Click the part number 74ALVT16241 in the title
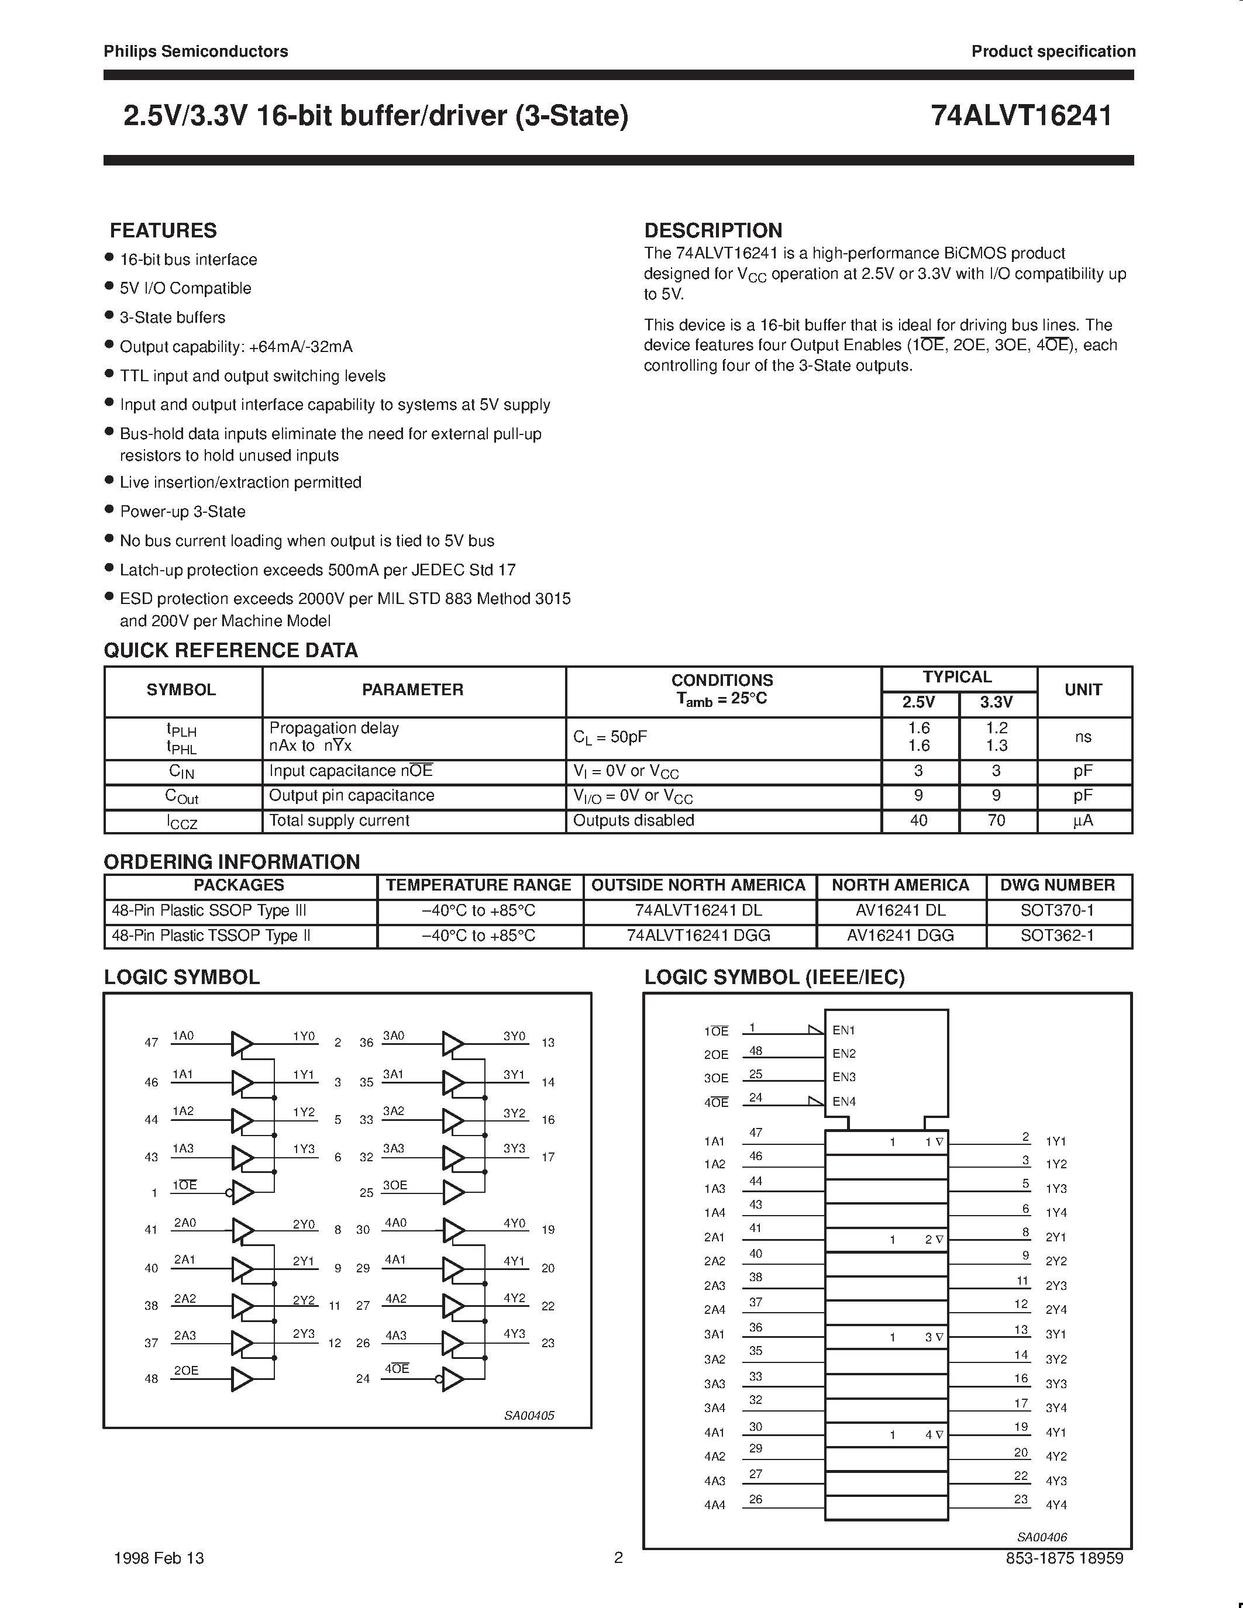1021,116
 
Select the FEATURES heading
163,230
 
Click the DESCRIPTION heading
713,230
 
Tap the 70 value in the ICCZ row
996,820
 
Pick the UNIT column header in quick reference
1083,690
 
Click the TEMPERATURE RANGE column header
478,885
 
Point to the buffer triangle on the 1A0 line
242,1043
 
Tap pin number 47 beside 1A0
151,1043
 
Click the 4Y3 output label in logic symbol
514,1334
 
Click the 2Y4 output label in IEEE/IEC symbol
1056,1310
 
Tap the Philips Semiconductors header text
196,51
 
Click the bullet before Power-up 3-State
109,509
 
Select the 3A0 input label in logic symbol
393,1036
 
